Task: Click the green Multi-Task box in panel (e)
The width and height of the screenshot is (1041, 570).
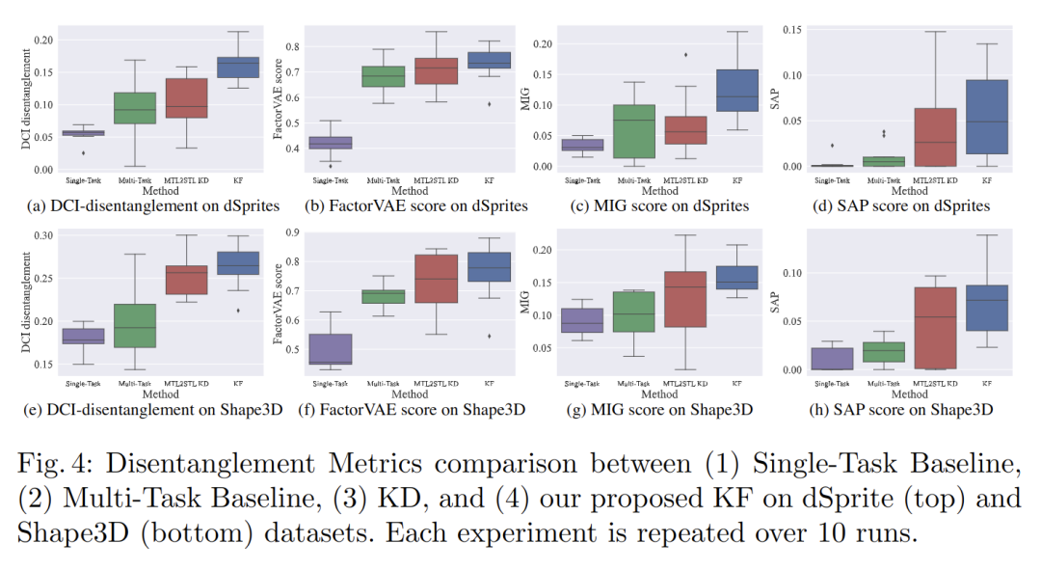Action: pyautogui.click(x=135, y=326)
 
